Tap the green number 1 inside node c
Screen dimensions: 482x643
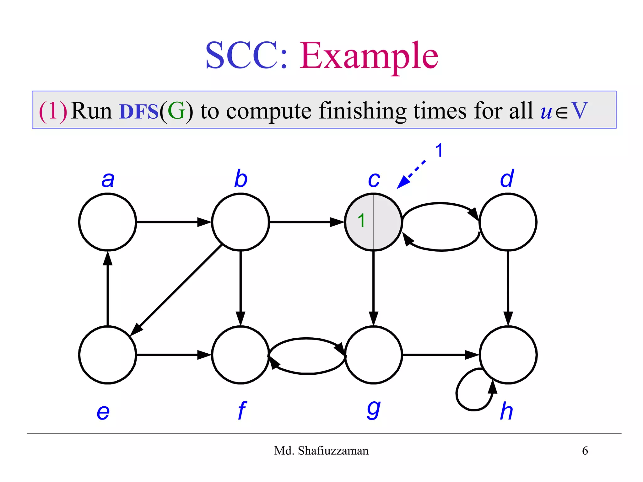coord(361,221)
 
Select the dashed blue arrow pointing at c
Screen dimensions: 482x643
coord(411,174)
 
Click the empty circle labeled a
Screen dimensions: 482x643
coord(107,222)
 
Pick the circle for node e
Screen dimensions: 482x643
coord(107,355)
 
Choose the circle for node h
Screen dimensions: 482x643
coord(508,355)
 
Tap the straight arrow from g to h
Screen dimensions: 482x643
coord(440,355)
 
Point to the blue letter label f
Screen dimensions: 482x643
coord(241,410)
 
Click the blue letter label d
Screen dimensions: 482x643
coord(507,179)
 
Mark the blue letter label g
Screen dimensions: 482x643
coord(374,410)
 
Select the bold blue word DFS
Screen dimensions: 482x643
coord(139,111)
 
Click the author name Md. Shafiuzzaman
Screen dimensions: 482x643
coord(321,451)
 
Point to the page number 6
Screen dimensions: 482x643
coord(585,451)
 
